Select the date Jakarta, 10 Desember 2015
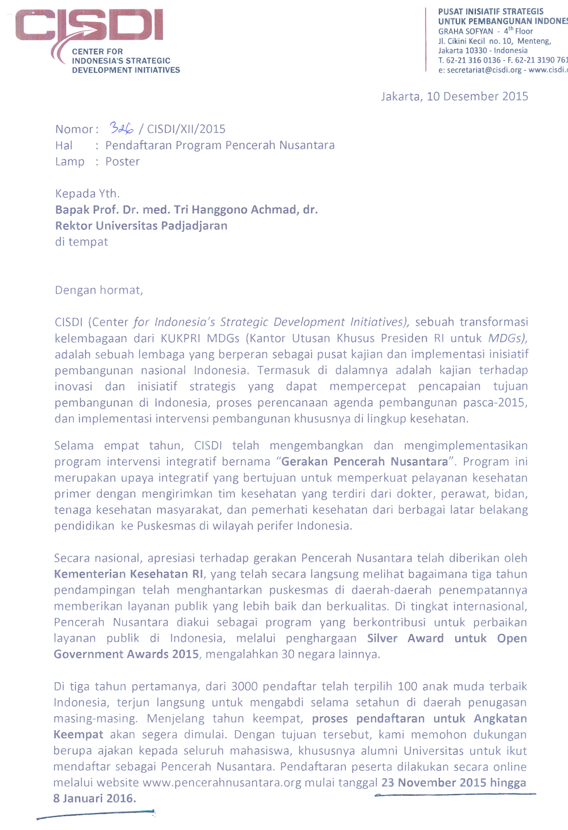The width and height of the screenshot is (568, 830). point(454,96)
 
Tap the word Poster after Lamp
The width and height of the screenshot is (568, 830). point(122,161)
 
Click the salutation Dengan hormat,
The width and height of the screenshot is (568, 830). point(99,290)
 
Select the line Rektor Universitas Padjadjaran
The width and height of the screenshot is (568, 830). point(141,226)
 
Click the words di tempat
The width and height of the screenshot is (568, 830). point(81,242)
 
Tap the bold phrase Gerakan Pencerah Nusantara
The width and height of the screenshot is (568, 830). point(364,461)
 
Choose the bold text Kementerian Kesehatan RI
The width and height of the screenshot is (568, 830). point(129,574)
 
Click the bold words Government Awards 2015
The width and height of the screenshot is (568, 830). point(126,654)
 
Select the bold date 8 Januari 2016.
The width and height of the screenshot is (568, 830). point(94,798)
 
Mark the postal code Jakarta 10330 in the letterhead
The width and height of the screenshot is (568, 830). point(463,51)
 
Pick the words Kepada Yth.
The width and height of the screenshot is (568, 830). point(87,194)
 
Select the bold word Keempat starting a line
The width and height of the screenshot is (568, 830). point(79,734)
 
